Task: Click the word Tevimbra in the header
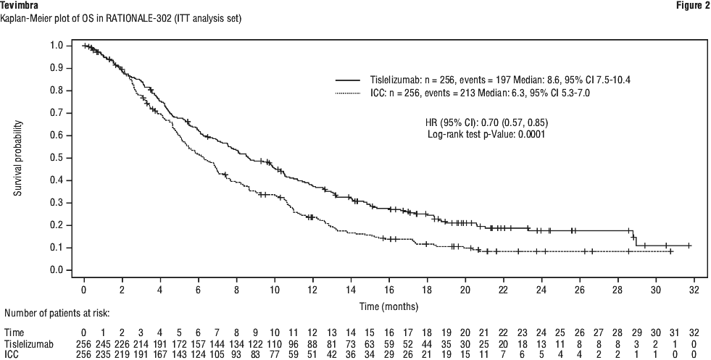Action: pyautogui.click(x=20, y=6)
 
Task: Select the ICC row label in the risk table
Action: pyautogui.click(x=12, y=355)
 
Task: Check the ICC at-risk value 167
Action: pyautogui.click(x=159, y=355)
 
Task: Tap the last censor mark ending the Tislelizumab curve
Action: pyautogui.click(x=689, y=246)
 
